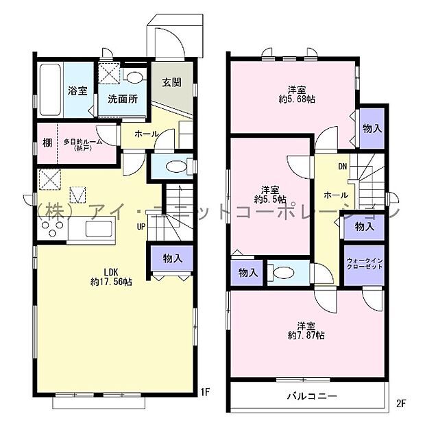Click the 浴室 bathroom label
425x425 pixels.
pyautogui.click(x=76, y=90)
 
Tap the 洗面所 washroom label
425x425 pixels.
pyautogui.click(x=123, y=99)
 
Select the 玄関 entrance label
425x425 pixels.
pyautogui.click(x=171, y=83)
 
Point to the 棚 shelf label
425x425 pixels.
pyautogui.click(x=47, y=143)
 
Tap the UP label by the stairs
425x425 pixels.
pyautogui.click(x=140, y=227)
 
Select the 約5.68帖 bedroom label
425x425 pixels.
pyautogui.click(x=296, y=94)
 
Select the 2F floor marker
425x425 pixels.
pyautogui.click(x=401, y=403)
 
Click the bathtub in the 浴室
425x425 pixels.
pyautogui.click(x=50, y=90)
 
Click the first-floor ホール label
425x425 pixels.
pyautogui.click(x=147, y=134)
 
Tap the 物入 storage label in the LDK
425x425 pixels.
pyautogui.click(x=172, y=258)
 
